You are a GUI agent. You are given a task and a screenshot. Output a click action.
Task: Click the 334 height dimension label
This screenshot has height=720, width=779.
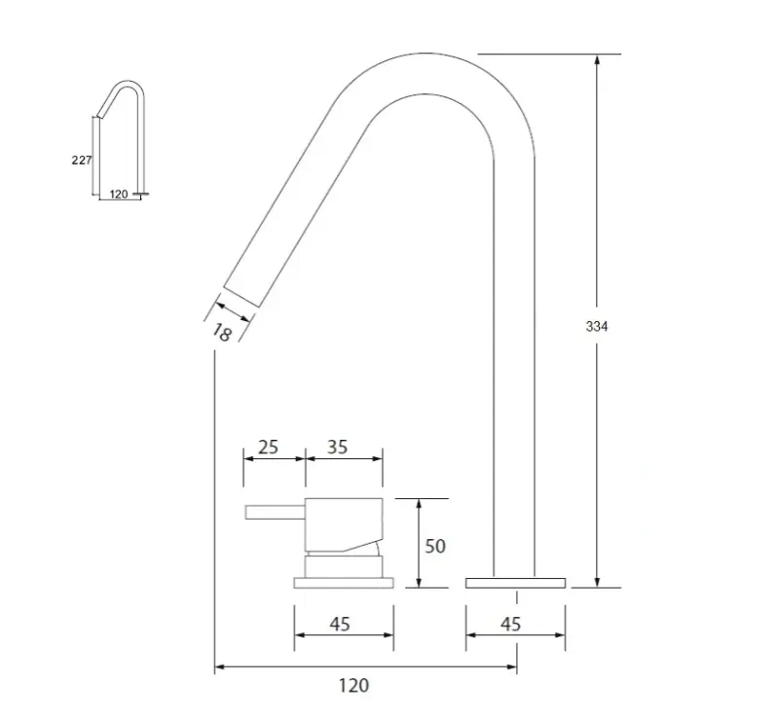pyautogui.click(x=596, y=327)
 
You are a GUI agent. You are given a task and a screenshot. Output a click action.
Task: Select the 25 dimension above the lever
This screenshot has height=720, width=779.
pyautogui.click(x=268, y=448)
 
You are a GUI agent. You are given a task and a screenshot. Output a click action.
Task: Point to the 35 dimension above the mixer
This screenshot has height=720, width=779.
pyautogui.click(x=338, y=448)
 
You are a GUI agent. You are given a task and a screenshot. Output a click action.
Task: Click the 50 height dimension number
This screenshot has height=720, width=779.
pyautogui.click(x=434, y=546)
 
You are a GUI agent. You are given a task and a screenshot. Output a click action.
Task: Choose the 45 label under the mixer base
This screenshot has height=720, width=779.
pyautogui.click(x=339, y=624)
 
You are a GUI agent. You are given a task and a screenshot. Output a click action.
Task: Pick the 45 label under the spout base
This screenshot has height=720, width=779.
pyautogui.click(x=510, y=624)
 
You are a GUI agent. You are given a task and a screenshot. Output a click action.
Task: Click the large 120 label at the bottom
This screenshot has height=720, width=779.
pyautogui.click(x=354, y=685)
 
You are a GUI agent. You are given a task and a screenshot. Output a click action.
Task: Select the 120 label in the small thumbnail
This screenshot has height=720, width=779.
pyautogui.click(x=118, y=195)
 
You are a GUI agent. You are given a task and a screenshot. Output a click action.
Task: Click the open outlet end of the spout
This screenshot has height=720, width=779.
pyautogui.click(x=241, y=297)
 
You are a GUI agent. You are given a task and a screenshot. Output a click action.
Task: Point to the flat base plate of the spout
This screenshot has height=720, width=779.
pyautogui.click(x=515, y=582)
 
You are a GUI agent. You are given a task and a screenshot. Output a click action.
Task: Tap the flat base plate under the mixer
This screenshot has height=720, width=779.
pyautogui.click(x=345, y=582)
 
